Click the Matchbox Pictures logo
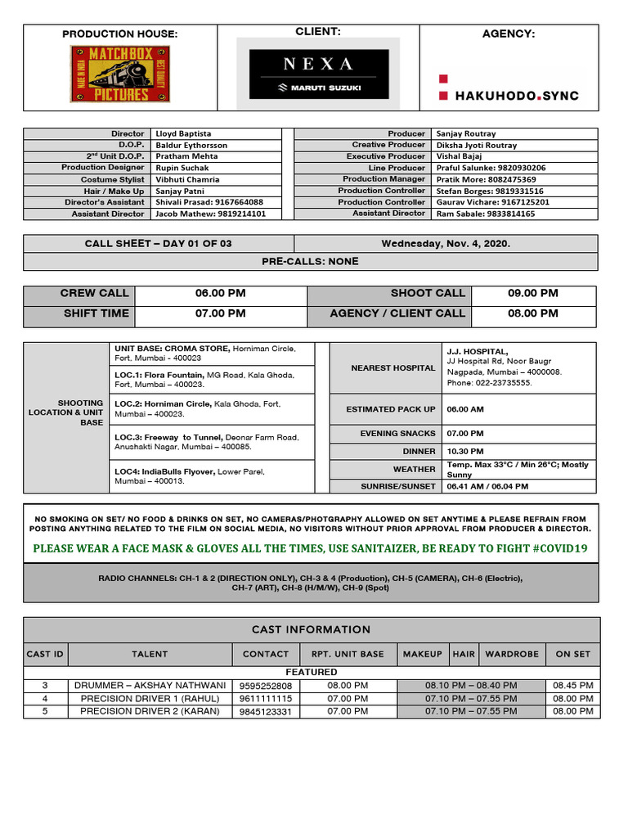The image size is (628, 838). click(x=120, y=74)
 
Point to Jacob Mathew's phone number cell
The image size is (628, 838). click(x=209, y=214)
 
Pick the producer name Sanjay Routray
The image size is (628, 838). click(x=466, y=133)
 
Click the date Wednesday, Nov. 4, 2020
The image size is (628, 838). click(x=446, y=244)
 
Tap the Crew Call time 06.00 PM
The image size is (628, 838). click(x=220, y=293)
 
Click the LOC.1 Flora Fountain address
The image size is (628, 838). click(x=211, y=379)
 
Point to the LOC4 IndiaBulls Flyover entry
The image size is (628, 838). click(x=211, y=476)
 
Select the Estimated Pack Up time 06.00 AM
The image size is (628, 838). click(x=465, y=409)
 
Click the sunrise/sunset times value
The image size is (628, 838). click(x=487, y=486)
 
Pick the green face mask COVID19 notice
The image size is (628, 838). click(x=310, y=548)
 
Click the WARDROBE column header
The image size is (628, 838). click(x=512, y=654)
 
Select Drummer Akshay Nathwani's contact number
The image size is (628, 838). click(x=266, y=686)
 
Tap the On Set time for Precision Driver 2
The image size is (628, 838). click(x=572, y=712)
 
